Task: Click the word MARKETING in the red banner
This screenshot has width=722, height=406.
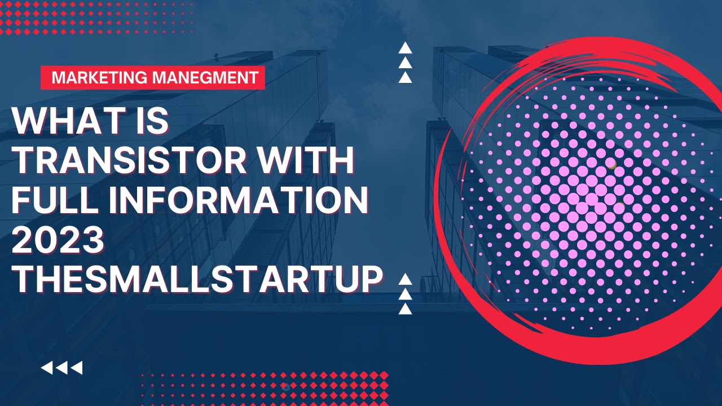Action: tap(100, 78)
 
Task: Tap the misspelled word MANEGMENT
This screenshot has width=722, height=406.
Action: tap(205, 78)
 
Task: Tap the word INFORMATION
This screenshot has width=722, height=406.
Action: tap(239, 200)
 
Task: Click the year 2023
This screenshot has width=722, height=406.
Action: tap(58, 240)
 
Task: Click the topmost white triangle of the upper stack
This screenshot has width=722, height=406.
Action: tap(405, 48)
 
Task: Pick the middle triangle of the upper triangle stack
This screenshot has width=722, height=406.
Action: tap(405, 63)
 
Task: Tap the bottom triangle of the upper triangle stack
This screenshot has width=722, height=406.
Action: tap(405, 77)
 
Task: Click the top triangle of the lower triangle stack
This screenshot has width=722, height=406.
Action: tap(405, 279)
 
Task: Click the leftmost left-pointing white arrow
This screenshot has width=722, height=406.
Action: tap(47, 368)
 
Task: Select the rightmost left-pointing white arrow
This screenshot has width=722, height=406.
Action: tap(77, 368)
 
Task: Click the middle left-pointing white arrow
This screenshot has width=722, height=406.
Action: tap(62, 368)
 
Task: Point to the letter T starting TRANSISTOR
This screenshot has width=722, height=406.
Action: tap(27, 160)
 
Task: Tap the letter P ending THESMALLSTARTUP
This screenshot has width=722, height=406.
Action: tap(371, 279)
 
